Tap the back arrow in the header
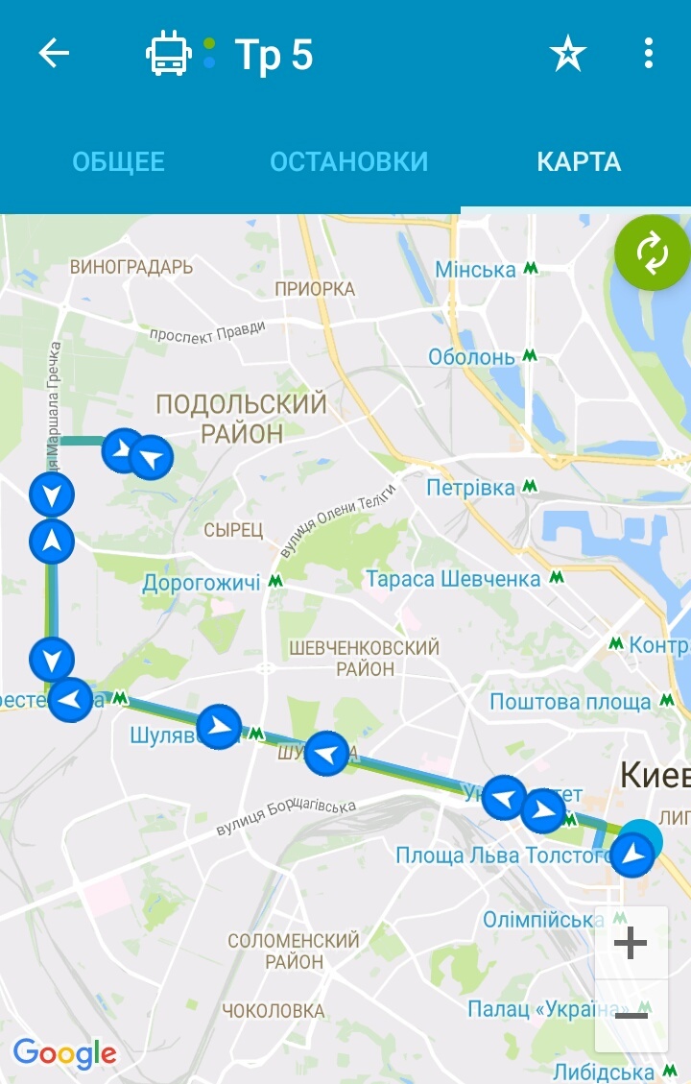[x=54, y=54]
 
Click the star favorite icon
[x=567, y=54]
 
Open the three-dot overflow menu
[x=649, y=54]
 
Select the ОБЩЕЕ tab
[x=119, y=161]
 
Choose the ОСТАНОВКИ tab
[x=348, y=161]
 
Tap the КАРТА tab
[x=579, y=161]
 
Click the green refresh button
[x=652, y=253]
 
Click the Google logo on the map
[x=64, y=1053]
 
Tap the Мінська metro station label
[x=476, y=270]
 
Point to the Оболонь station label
[x=471, y=357]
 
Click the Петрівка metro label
[x=471, y=488]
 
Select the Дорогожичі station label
[x=202, y=583]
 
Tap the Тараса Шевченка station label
[x=453, y=579]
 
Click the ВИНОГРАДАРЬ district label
[x=131, y=267]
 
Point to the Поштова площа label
[x=570, y=702]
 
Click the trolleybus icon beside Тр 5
[x=169, y=54]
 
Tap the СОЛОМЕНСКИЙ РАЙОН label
[x=294, y=951]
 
